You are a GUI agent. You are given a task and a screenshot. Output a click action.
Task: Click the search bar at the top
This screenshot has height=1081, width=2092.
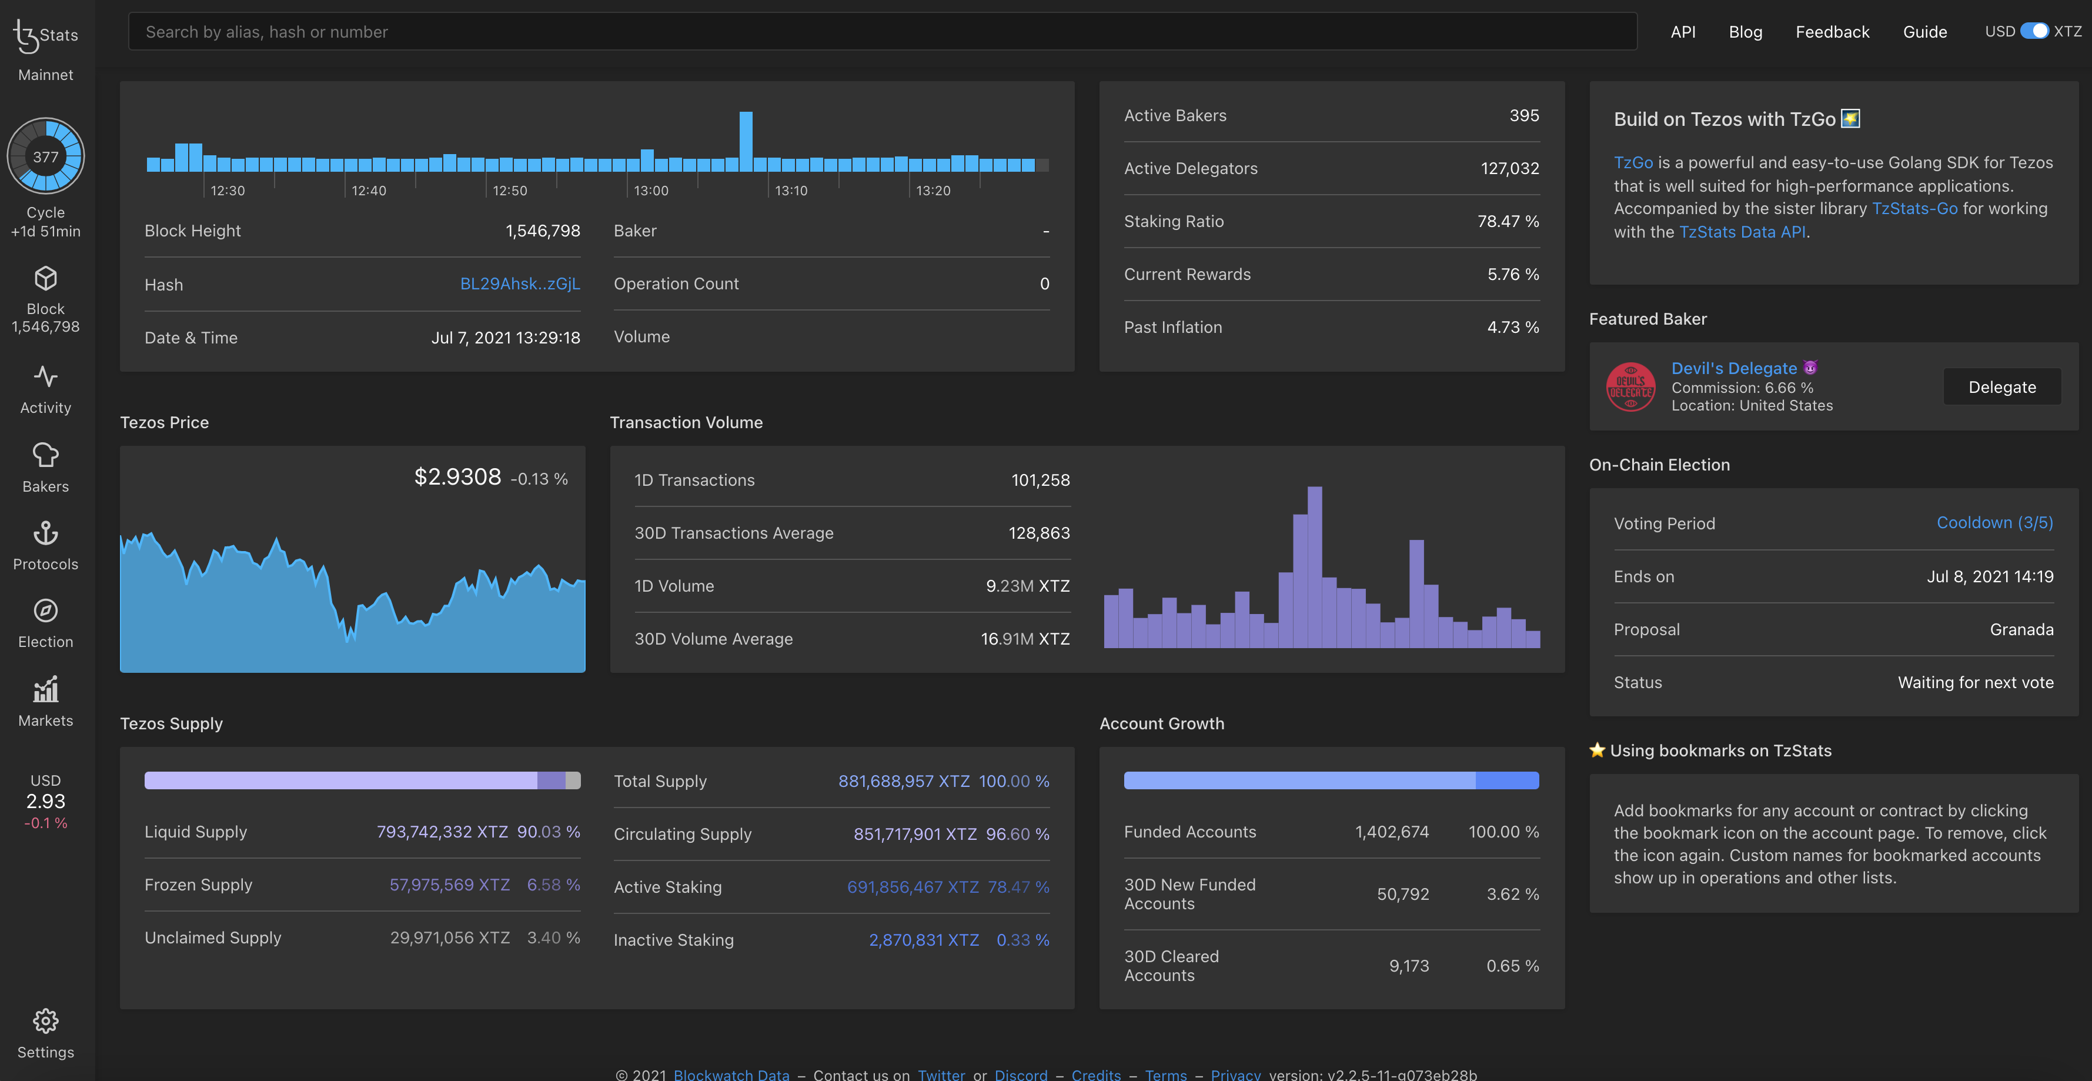pos(882,32)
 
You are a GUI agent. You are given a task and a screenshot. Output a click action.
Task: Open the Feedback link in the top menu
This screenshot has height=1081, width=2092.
pos(1832,32)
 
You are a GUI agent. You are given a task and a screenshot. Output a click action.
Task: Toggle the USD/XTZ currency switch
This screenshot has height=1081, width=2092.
pos(2034,31)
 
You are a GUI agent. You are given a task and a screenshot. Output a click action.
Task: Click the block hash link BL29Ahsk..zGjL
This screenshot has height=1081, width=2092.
pos(520,283)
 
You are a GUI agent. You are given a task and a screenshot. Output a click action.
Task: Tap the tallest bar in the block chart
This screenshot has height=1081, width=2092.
pos(746,141)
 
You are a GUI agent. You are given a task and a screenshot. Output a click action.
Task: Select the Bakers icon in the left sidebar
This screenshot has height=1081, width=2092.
pos(45,456)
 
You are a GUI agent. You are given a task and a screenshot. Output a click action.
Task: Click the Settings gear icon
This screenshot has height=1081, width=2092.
pos(45,1021)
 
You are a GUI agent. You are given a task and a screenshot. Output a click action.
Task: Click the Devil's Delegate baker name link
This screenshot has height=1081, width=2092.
pos(1733,368)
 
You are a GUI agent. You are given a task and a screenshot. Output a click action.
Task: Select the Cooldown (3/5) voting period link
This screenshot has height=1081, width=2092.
pos(1994,522)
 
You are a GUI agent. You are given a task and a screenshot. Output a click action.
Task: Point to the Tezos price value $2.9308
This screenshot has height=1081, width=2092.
pos(457,477)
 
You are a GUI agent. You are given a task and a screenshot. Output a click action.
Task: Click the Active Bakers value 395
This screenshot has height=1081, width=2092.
pos(1523,115)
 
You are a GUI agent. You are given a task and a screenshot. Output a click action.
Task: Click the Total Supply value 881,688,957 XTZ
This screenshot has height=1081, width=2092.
pos(903,780)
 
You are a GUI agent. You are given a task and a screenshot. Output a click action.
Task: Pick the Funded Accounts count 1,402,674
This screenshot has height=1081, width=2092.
pos(1391,832)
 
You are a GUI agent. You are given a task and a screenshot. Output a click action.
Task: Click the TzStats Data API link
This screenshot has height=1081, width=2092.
pos(1742,232)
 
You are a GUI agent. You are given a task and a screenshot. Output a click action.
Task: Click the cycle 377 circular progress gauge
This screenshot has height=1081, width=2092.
pos(45,156)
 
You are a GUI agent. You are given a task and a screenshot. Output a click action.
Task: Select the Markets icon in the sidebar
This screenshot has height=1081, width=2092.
pos(45,690)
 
